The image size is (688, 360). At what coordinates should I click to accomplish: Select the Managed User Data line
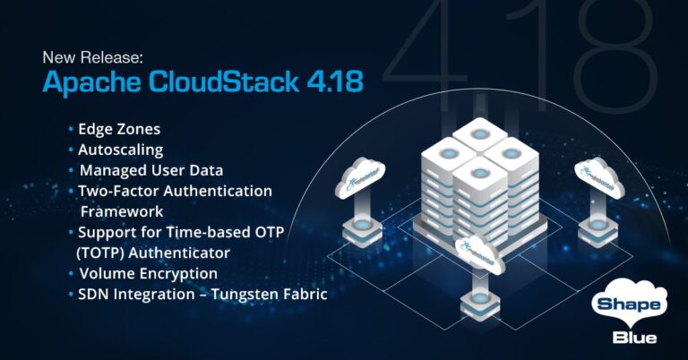150,170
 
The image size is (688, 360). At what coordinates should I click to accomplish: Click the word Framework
122,211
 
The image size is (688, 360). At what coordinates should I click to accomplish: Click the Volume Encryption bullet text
148,273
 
